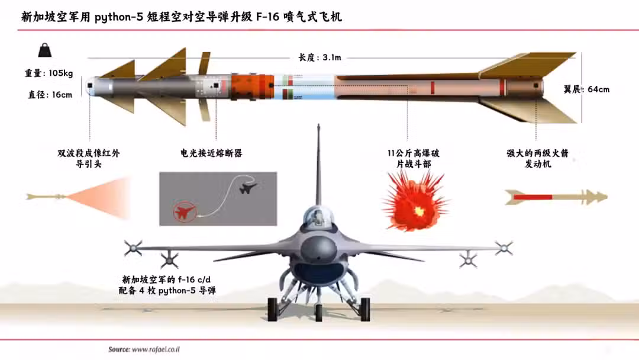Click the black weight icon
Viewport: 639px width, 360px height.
pyautogui.click(x=45, y=50)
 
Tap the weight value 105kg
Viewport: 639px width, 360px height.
pyautogui.click(x=61, y=73)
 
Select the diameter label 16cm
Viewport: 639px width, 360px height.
pyautogui.click(x=62, y=95)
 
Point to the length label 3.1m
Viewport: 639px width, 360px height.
pyautogui.click(x=331, y=57)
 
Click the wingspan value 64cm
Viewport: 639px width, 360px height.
pyautogui.click(x=598, y=89)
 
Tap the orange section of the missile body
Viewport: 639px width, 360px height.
pyautogui.click(x=252, y=87)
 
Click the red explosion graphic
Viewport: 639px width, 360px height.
pyautogui.click(x=415, y=201)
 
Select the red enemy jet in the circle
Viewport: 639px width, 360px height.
pyautogui.click(x=184, y=212)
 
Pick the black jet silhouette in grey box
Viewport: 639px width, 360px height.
pyautogui.click(x=247, y=188)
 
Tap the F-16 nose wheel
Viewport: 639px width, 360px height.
pyautogui.click(x=319, y=313)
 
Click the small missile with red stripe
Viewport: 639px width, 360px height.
pyautogui.click(x=556, y=197)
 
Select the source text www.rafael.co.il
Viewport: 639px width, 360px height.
pyautogui.click(x=156, y=349)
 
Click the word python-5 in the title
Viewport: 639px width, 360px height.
pyautogui.click(x=119, y=17)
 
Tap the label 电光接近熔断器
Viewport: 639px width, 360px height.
pyautogui.click(x=211, y=153)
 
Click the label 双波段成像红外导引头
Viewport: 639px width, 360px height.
pyautogui.click(x=88, y=159)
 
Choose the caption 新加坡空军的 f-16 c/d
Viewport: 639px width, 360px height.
pyautogui.click(x=166, y=279)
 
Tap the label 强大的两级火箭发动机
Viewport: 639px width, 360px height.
pyautogui.click(x=537, y=159)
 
